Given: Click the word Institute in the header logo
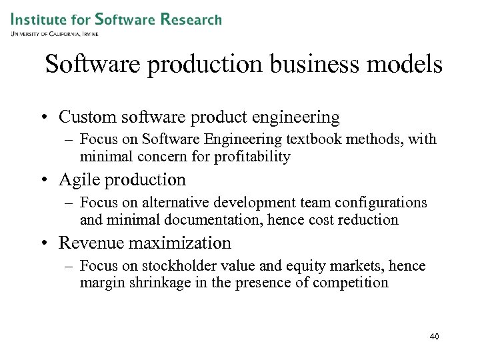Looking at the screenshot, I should (x=39, y=19).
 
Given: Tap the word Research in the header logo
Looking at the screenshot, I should (x=191, y=19).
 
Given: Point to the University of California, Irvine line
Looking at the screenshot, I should (x=55, y=33).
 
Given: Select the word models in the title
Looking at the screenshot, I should (x=407, y=65).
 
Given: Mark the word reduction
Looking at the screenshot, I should (x=368, y=219).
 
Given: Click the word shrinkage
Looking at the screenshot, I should (x=158, y=283).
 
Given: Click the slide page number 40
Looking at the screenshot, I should (x=434, y=337).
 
